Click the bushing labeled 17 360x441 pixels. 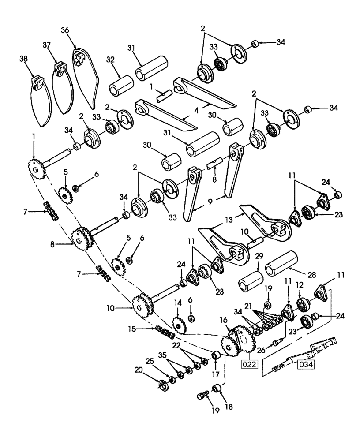tap(215, 355)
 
